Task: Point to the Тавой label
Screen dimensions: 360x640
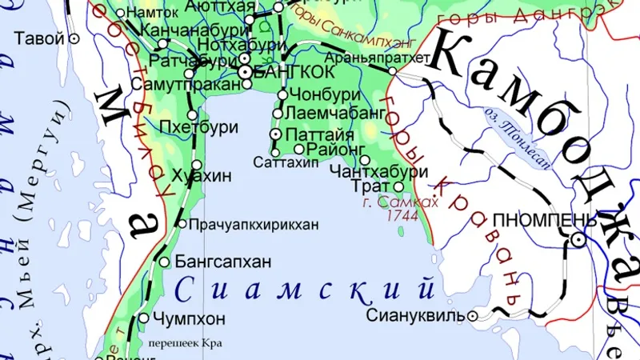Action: pyautogui.click(x=39, y=38)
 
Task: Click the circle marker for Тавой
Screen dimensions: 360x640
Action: pyautogui.click(x=74, y=38)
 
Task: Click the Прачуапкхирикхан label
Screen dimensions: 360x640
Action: pyautogui.click(x=254, y=224)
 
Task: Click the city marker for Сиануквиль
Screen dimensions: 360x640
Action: pyautogui.click(x=473, y=316)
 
